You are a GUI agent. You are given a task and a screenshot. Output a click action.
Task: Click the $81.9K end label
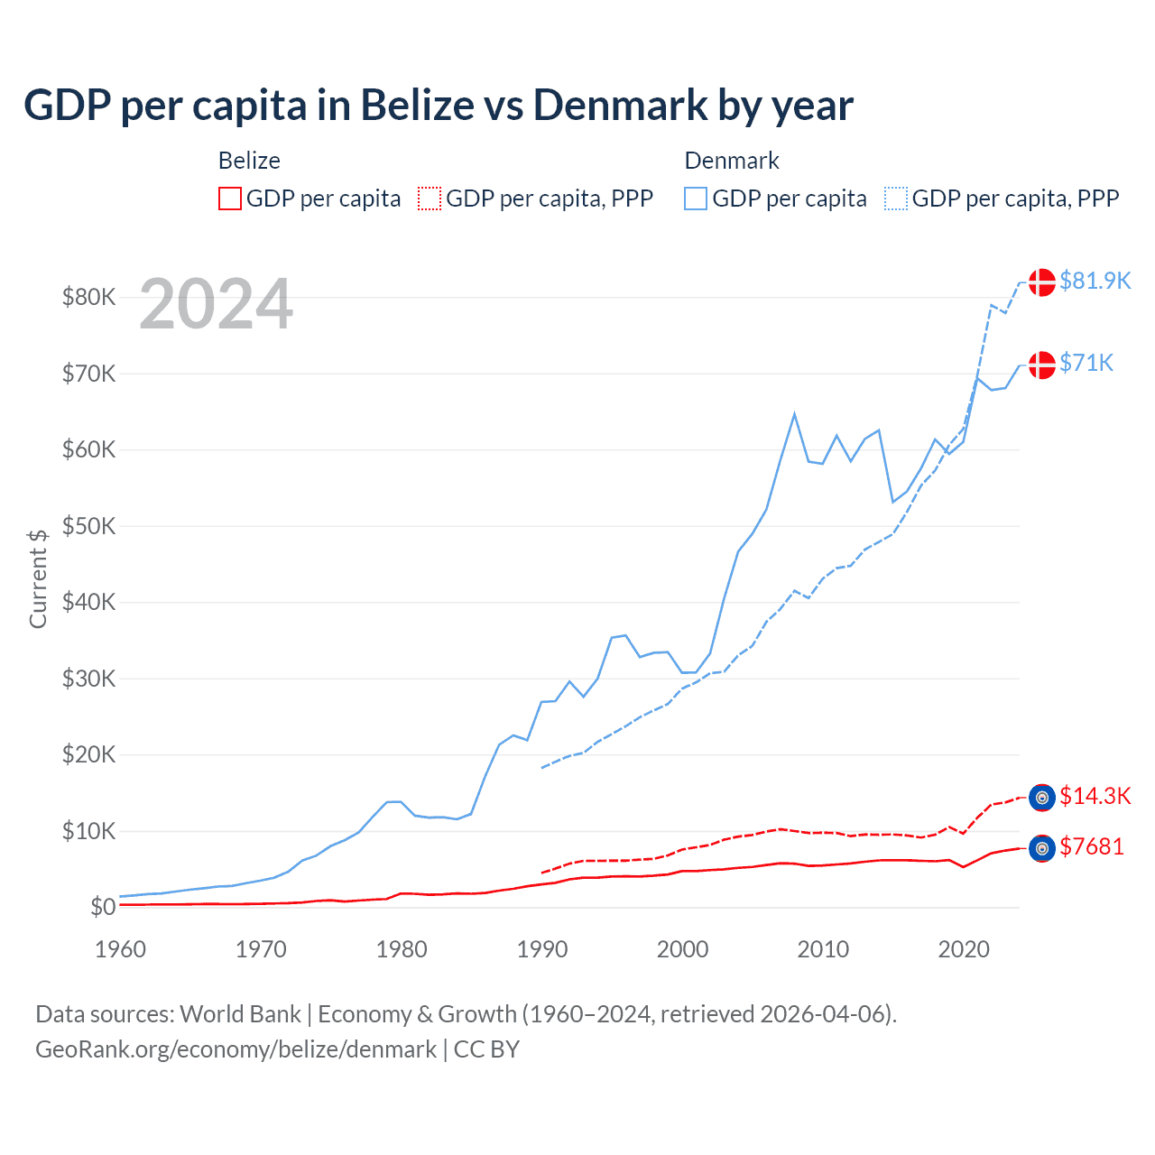tap(1095, 281)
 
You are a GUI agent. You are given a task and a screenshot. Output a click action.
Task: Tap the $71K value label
tap(1086, 363)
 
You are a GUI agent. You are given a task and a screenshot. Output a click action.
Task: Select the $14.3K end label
tap(1095, 796)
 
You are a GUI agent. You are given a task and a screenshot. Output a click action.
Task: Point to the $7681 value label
tap(1092, 846)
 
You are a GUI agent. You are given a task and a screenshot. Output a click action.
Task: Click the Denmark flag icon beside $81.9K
tap(1042, 282)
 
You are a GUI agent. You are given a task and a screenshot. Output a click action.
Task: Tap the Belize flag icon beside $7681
tap(1042, 848)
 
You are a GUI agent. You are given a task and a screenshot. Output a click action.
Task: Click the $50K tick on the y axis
tap(88, 526)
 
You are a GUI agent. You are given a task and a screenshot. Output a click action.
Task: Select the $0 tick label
tap(103, 907)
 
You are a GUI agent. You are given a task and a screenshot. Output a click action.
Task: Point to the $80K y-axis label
tap(88, 297)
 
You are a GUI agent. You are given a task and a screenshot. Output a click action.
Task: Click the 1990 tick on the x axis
tap(542, 949)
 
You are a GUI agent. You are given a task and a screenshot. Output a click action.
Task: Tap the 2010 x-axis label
tap(823, 949)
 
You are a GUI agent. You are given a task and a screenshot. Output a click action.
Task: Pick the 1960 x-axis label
tap(121, 949)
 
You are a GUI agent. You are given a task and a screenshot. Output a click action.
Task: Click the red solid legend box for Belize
tap(230, 199)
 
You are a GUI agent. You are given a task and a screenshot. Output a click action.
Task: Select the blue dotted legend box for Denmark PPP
tap(896, 199)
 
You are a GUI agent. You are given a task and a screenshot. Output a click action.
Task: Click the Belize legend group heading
tap(249, 161)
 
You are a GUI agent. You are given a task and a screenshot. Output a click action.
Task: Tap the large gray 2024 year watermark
tap(216, 304)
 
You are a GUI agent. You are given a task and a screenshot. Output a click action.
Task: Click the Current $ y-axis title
tap(38, 578)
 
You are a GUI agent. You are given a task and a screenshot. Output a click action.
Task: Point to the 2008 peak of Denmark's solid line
tap(794, 414)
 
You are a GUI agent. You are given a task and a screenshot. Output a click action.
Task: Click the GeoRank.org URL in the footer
tap(236, 1049)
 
